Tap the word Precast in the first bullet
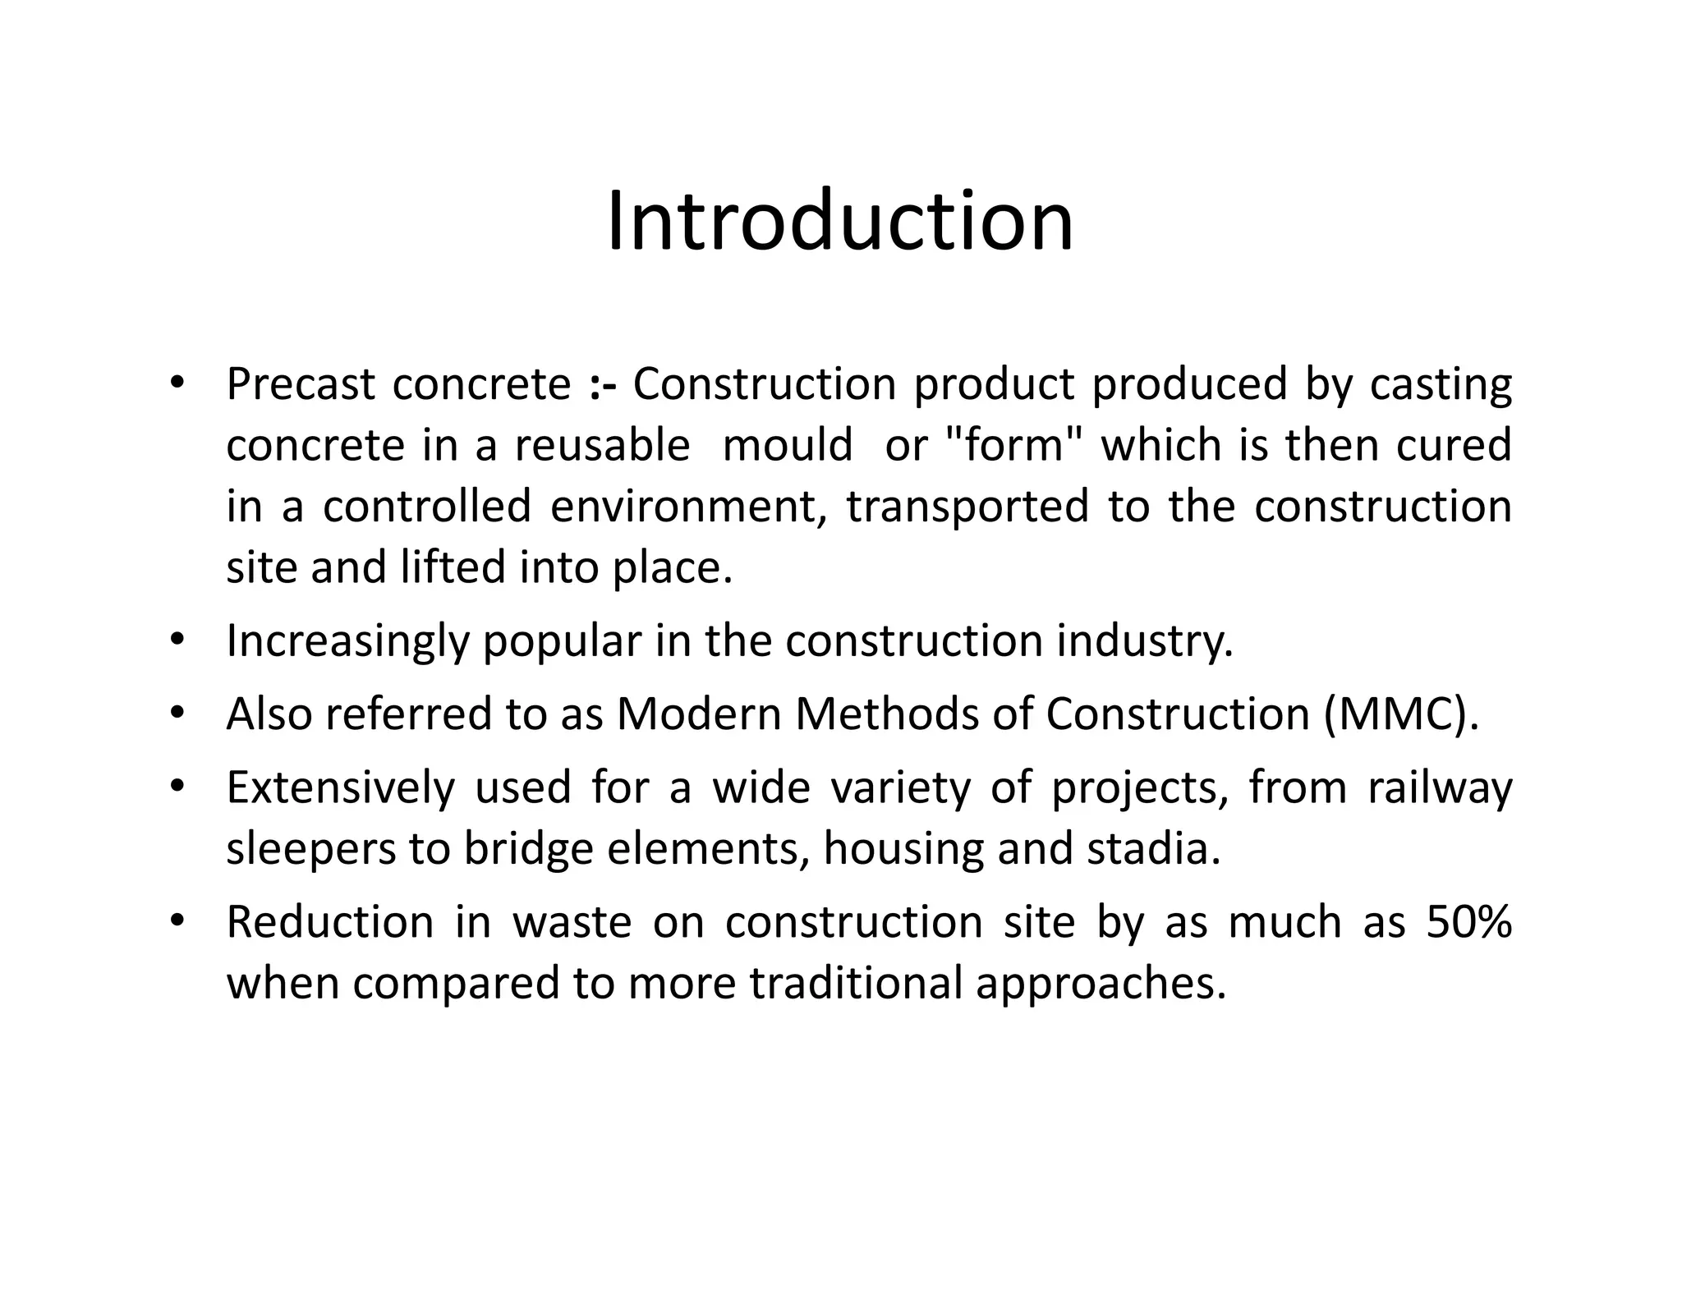(x=301, y=384)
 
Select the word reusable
(x=602, y=446)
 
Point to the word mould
(x=788, y=446)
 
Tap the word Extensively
(x=340, y=787)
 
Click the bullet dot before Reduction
(x=177, y=922)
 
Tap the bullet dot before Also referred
(x=177, y=714)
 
